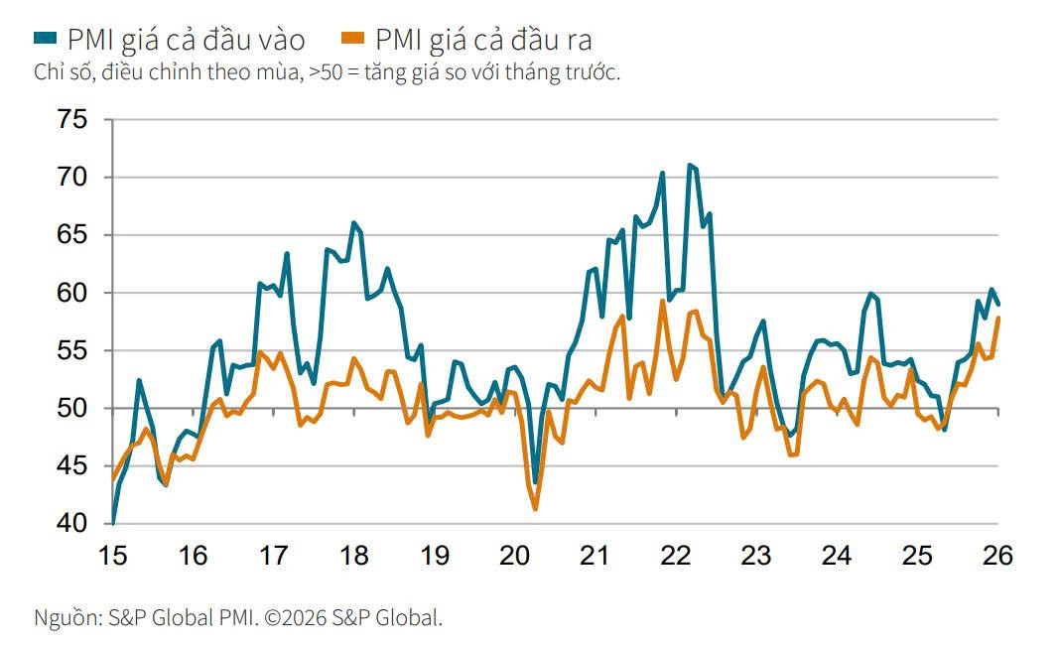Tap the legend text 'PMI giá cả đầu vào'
pos(186,40)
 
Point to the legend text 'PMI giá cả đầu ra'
pos(483,40)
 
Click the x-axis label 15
pos(113,557)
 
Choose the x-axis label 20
pos(515,557)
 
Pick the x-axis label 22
pos(676,557)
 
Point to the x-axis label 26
pos(996,557)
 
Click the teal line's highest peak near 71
pos(689,165)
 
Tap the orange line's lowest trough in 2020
pos(536,509)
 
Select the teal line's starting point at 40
pos(113,523)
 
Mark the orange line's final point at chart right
pos(997,319)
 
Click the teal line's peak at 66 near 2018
pos(353,223)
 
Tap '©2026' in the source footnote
pos(311,617)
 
